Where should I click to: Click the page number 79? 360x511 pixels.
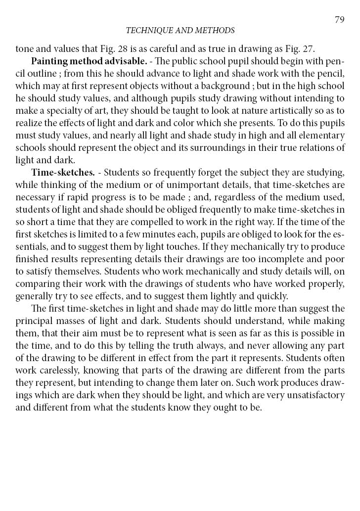(339, 20)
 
